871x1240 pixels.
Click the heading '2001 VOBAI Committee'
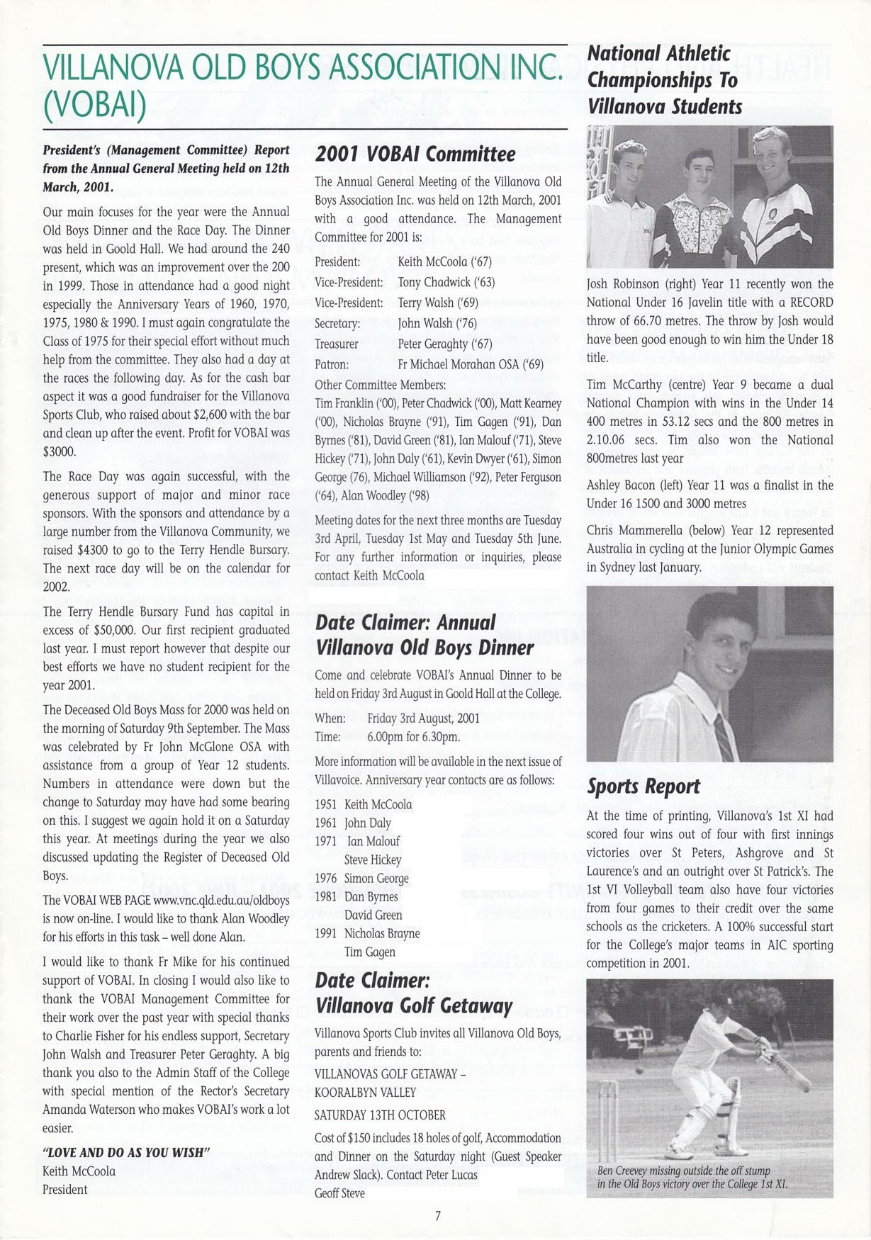[x=415, y=154]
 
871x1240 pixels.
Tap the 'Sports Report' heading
[x=644, y=787]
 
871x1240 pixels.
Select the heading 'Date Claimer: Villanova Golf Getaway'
[x=413, y=993]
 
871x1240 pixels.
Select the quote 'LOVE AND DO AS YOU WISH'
[x=124, y=1153]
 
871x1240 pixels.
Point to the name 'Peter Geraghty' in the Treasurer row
[x=432, y=344]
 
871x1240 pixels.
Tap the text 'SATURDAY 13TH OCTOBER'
[x=380, y=1115]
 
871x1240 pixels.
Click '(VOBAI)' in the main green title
[x=94, y=105]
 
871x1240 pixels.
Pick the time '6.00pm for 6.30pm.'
[x=413, y=737]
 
